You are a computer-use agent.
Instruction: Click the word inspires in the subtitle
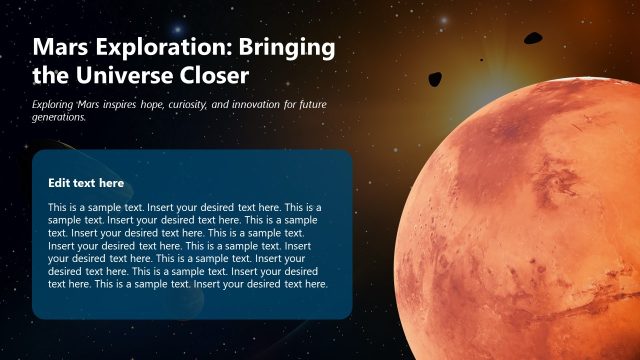pyautogui.click(x=140, y=104)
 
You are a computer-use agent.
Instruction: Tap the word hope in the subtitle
pyautogui.click(x=180, y=104)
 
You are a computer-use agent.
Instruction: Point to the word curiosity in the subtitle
pyautogui.click(x=221, y=104)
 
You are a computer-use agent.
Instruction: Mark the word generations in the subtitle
pyautogui.click(x=60, y=117)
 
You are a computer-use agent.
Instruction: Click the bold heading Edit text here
pyautogui.click(x=86, y=183)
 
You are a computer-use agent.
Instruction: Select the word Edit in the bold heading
pyautogui.click(x=58, y=183)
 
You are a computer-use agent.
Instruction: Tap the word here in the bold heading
pyautogui.click(x=111, y=183)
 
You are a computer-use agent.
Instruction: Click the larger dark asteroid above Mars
pyautogui.click(x=532, y=39)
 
